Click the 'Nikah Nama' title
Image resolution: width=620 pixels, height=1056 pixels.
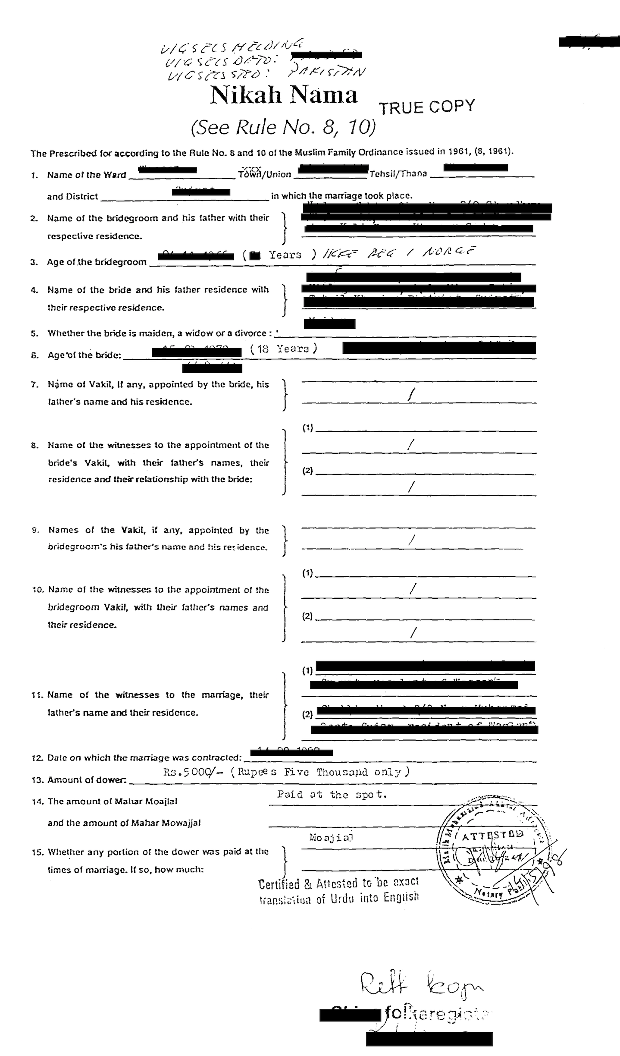click(x=284, y=96)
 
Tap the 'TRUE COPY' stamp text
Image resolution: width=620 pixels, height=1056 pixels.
click(x=426, y=107)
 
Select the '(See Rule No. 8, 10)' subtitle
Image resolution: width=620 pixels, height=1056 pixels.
click(x=283, y=127)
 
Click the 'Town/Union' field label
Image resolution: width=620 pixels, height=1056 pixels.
click(x=265, y=174)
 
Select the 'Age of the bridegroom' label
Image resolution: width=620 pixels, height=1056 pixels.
click(x=97, y=262)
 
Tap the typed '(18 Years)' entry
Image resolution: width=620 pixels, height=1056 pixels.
click(x=284, y=349)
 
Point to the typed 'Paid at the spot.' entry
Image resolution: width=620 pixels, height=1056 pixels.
click(x=332, y=794)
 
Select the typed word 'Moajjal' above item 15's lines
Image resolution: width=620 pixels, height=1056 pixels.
click(x=331, y=838)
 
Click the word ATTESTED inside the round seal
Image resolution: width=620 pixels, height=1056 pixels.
click(x=492, y=835)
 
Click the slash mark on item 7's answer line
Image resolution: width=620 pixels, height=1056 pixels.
click(x=413, y=394)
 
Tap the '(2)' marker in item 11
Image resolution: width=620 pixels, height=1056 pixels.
click(x=307, y=714)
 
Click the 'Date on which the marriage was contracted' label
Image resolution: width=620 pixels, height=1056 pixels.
click(x=141, y=757)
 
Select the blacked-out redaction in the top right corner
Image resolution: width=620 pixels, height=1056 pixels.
click(x=589, y=41)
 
